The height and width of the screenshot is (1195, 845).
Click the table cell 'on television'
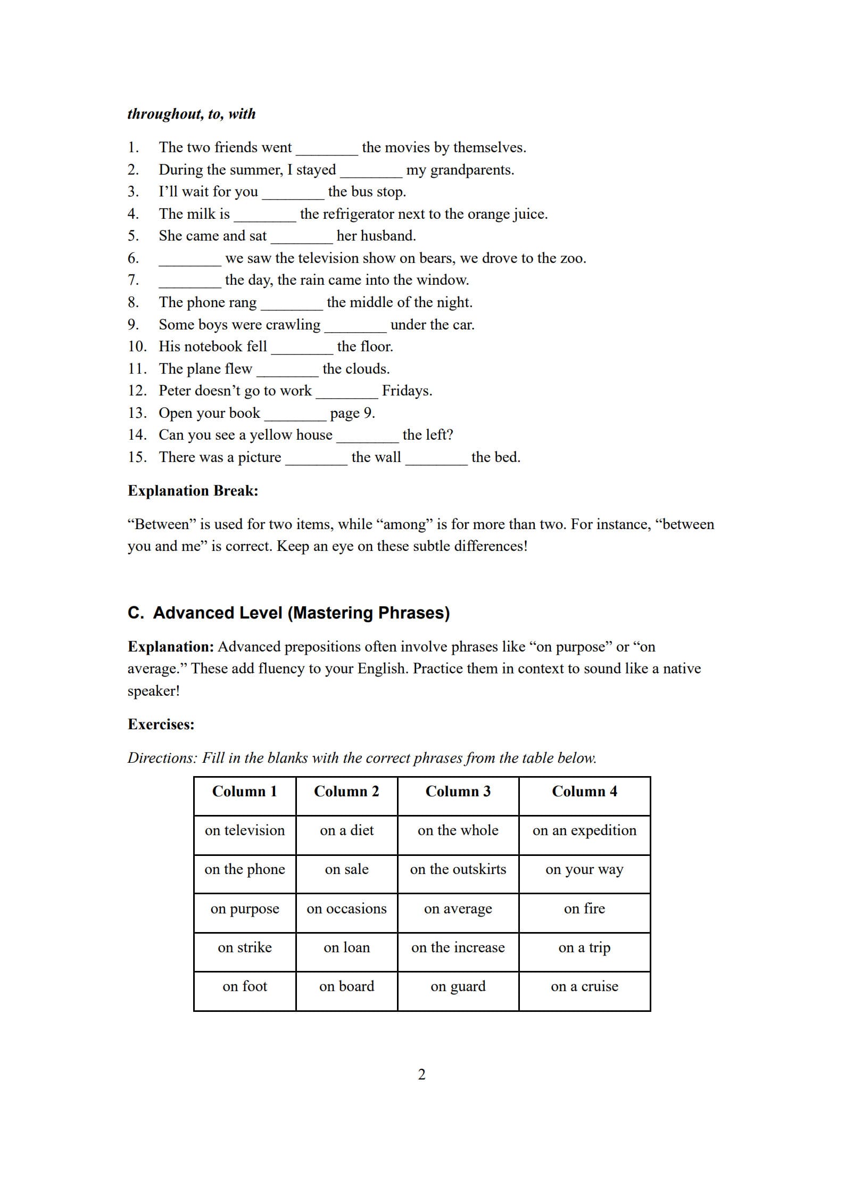244,830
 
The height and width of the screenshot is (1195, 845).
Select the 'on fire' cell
584,909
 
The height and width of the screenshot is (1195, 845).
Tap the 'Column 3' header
458,792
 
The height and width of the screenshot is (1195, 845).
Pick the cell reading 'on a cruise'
584,986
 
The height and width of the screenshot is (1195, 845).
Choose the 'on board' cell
346,986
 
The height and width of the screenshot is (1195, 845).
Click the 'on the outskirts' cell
458,869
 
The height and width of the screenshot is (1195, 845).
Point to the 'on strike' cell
244,947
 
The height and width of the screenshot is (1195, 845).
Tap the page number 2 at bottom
422,1075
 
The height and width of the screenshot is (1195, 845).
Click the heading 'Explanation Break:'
193,491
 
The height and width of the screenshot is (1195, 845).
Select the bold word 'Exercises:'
161,724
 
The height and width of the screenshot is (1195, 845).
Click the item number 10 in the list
136,347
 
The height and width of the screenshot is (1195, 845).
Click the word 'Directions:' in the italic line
162,758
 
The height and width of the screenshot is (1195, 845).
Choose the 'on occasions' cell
346,909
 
